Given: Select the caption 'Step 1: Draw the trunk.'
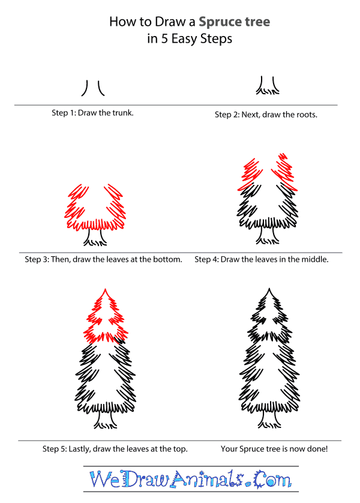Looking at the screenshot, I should pos(92,113).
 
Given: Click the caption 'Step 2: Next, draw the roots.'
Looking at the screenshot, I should pos(266,114).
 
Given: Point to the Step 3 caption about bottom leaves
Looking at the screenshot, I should pos(103,260).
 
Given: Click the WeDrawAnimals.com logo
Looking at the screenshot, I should pos(190,478).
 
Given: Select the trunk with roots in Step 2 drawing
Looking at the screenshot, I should pos(267,88).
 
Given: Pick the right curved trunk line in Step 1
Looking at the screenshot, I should pos(100,89).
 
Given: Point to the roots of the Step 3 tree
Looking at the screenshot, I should pos(94,240).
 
